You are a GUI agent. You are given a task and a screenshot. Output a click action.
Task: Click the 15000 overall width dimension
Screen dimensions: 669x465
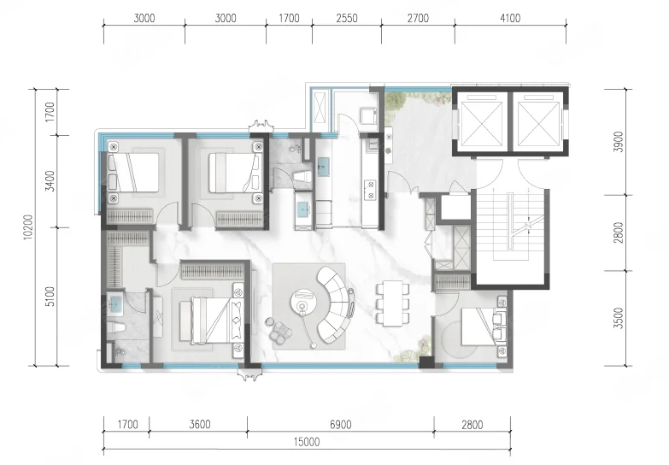click(307, 442)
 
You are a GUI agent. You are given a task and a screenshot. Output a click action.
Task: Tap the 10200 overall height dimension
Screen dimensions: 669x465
click(27, 227)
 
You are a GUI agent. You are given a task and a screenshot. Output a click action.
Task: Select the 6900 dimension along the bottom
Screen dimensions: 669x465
click(340, 425)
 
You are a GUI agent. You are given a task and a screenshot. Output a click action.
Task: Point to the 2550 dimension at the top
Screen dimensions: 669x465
click(346, 18)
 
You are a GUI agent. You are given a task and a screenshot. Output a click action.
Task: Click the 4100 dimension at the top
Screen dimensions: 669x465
click(510, 18)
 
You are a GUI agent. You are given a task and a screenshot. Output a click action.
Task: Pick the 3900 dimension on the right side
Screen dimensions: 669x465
click(619, 142)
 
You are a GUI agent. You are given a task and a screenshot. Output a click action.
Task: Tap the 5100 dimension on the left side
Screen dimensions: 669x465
click(50, 297)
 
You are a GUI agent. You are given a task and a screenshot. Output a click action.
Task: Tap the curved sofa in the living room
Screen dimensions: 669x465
click(336, 304)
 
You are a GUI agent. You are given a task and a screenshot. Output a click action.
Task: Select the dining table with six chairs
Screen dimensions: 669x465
click(392, 303)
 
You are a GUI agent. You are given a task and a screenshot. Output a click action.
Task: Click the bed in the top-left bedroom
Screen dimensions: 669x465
click(133, 173)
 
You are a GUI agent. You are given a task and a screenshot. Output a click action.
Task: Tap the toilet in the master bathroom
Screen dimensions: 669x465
click(115, 329)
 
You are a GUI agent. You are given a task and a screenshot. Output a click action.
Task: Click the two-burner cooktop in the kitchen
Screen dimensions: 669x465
click(369, 190)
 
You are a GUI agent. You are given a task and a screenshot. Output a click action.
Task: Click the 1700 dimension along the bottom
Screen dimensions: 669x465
click(127, 425)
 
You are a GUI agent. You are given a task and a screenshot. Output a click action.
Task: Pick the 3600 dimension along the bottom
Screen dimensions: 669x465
click(200, 425)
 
